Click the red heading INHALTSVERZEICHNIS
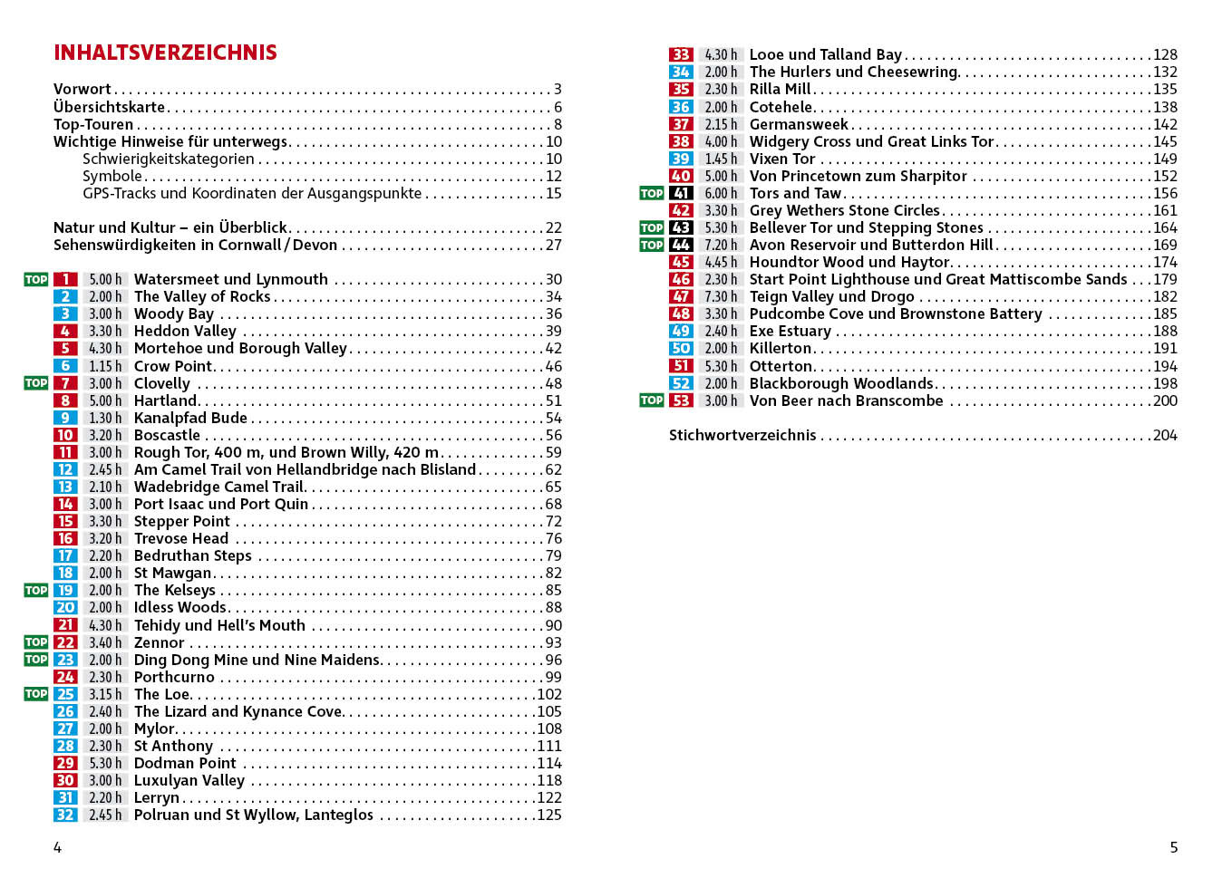(165, 53)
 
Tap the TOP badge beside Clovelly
(36, 383)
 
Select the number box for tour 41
(681, 193)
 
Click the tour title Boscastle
(167, 435)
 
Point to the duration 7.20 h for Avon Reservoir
(721, 245)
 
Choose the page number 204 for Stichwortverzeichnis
(1165, 435)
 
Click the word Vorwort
(82, 89)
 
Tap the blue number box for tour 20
(65, 607)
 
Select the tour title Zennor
(159, 642)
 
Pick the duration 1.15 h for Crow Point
(105, 366)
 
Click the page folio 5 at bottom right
(1173, 847)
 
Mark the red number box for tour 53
(681, 400)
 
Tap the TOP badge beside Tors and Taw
(652, 193)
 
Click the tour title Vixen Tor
(782, 159)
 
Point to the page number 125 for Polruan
(549, 815)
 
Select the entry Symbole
(112, 176)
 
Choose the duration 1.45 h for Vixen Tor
(721, 159)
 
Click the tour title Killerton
(781, 348)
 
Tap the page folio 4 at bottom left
(57, 847)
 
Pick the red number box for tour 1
(65, 279)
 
